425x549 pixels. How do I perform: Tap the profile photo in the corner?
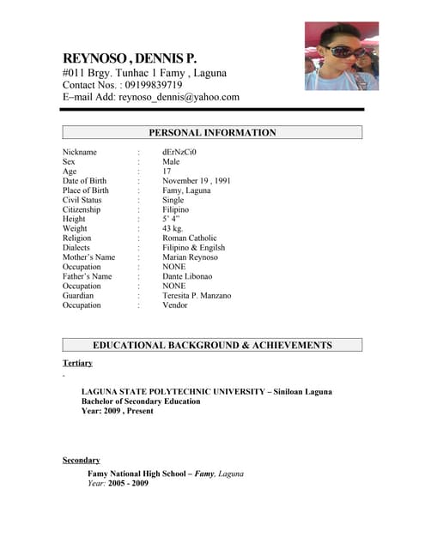(341, 57)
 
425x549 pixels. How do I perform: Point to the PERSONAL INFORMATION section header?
(212, 133)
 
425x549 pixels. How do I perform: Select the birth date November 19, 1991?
(197, 181)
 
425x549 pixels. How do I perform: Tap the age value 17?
(167, 172)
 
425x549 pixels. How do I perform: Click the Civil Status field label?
(82, 200)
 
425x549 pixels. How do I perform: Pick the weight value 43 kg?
(173, 229)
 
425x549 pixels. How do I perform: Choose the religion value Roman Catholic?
(190, 238)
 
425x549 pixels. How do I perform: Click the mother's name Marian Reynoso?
(190, 257)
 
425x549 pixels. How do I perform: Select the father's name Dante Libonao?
(187, 276)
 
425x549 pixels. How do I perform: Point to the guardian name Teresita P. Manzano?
(197, 295)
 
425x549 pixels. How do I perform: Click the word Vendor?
(174, 305)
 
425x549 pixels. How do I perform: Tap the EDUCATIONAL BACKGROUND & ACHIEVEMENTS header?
(212, 345)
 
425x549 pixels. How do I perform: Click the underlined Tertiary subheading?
(77, 364)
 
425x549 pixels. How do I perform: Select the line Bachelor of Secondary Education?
(148, 401)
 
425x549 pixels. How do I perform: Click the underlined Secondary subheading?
(81, 461)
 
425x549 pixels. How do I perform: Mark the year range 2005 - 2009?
(128, 483)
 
